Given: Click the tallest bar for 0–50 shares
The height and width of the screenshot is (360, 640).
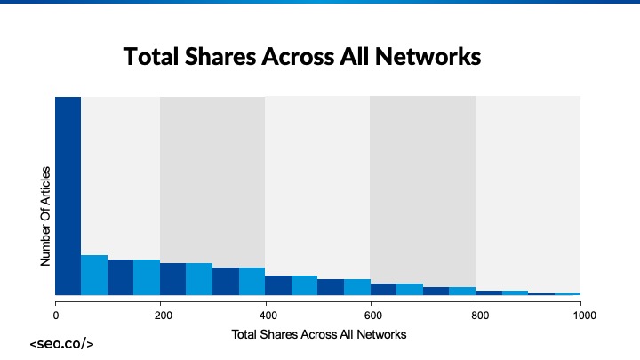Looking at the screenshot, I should tap(68, 196).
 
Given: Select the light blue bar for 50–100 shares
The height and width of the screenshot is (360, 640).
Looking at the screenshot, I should tap(94, 275).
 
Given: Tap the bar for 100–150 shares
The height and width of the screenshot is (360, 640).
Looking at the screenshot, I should tap(120, 277).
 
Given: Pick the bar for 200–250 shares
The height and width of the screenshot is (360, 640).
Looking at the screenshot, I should tap(172, 279).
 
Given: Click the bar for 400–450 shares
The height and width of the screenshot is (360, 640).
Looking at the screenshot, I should tap(278, 285).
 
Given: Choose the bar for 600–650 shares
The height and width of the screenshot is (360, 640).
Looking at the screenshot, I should tap(383, 289).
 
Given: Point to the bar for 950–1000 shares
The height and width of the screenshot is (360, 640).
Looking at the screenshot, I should tap(567, 293).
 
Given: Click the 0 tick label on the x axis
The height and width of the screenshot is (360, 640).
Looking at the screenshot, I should tap(56, 314).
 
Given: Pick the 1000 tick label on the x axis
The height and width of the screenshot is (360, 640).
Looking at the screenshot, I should tap(581, 314).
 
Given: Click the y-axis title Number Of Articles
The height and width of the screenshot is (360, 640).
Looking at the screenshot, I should tap(45, 215).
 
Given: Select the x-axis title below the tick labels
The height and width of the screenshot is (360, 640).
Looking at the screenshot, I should tap(318, 334).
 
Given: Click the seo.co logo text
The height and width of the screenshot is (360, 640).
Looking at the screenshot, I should tap(61, 343).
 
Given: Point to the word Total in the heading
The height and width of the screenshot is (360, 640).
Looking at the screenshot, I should tap(151, 57).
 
